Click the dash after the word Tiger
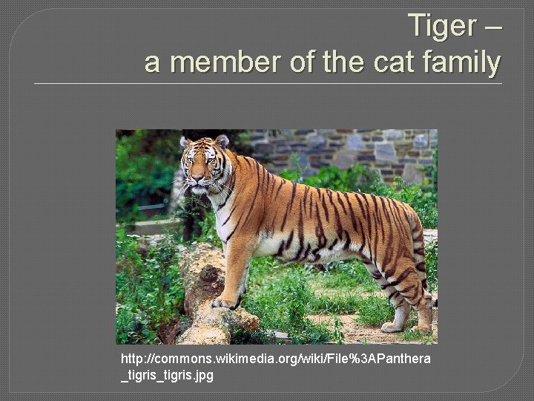click(x=492, y=27)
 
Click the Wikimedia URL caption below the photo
click(x=275, y=367)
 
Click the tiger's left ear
click(x=222, y=141)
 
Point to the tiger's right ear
click(x=185, y=141)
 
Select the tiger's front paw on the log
click(x=223, y=302)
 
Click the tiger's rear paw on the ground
click(x=393, y=326)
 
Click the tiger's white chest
click(x=222, y=215)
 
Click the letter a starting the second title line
click(x=152, y=64)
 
